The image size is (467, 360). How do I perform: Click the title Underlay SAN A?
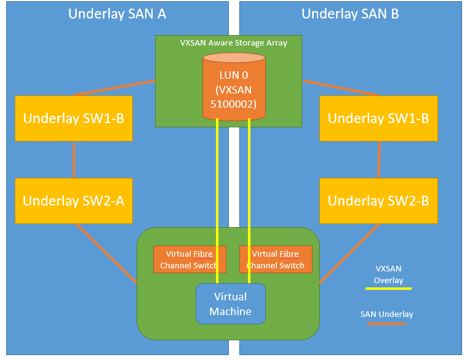click(x=117, y=14)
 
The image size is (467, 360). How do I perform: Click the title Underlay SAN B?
click(x=350, y=14)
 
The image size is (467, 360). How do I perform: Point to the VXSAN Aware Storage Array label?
click(x=233, y=43)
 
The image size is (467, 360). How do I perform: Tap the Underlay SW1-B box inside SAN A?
click(x=74, y=118)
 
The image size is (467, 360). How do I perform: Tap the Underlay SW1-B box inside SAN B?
click(x=378, y=118)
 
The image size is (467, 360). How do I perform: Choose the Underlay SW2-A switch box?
click(x=74, y=201)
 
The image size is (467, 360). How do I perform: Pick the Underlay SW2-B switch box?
click(x=378, y=201)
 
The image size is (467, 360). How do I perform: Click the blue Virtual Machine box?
click(x=230, y=303)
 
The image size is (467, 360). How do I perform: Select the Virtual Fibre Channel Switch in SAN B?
click(x=276, y=259)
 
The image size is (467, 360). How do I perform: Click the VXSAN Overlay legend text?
click(x=389, y=274)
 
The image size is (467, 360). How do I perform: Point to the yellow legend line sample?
click(x=389, y=287)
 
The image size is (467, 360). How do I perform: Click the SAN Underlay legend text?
click(x=387, y=314)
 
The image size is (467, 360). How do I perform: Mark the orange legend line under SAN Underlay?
click(x=387, y=323)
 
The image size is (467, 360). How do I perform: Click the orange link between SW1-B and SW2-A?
click(x=74, y=159)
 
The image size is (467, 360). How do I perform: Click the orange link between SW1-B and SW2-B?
click(x=378, y=159)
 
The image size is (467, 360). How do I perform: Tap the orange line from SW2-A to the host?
click(x=106, y=254)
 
